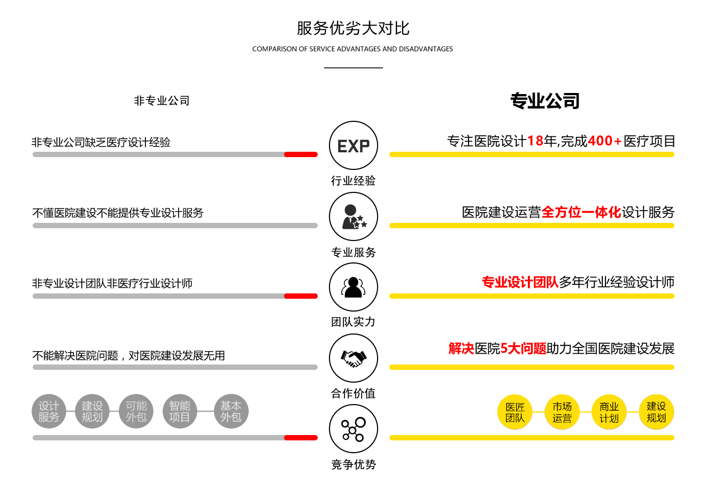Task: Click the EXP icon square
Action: pos(353,145)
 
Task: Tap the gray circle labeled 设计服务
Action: pos(49,412)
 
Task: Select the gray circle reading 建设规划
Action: pos(92,412)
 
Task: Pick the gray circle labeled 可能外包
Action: pos(136,412)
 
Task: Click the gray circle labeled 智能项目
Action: pos(180,412)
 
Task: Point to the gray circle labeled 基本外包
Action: pos(231,412)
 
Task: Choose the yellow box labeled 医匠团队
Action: pos(515,412)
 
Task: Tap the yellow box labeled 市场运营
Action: pos(562,412)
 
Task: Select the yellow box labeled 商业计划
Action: pos(609,412)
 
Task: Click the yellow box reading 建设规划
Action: pos(656,412)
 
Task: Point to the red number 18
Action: pos(535,141)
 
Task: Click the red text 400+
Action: pos(604,141)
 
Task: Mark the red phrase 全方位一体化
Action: pos(581,212)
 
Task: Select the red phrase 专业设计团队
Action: pos(520,282)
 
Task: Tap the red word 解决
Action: pos(462,348)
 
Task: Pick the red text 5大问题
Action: pos(523,348)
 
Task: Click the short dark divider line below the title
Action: pos(353,67)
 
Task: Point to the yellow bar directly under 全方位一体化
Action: pos(531,225)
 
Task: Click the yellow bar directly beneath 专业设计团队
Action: pos(531,296)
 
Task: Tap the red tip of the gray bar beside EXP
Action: pos(301,154)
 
